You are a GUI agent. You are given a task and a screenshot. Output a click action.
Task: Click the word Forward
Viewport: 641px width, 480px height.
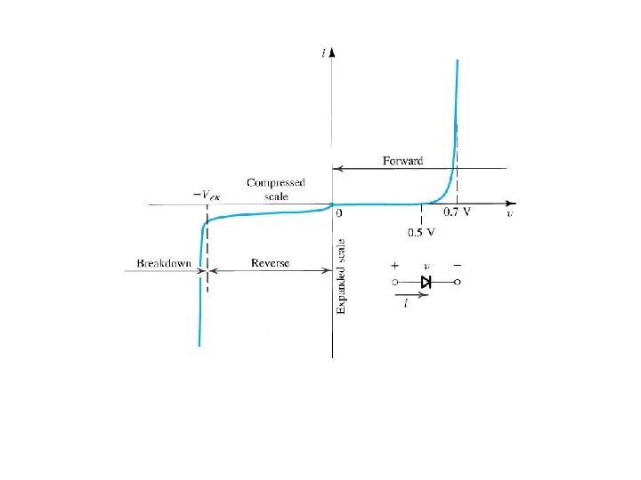pos(402,161)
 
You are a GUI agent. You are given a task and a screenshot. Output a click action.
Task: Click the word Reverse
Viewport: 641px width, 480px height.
pos(269,264)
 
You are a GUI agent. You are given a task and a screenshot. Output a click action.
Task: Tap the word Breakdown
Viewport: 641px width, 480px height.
pos(163,264)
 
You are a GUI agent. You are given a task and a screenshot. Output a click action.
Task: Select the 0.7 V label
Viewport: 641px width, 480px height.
pos(458,214)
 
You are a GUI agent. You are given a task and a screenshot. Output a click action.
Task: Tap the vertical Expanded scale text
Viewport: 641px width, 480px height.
pos(340,276)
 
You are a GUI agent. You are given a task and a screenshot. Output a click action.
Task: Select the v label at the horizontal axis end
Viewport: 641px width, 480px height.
pos(508,214)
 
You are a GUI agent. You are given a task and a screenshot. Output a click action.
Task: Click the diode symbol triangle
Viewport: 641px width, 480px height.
pos(426,282)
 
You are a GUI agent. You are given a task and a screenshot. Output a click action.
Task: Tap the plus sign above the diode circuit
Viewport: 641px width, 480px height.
pos(394,265)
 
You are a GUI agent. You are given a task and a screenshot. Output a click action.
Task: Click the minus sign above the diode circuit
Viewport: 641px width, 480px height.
pos(458,265)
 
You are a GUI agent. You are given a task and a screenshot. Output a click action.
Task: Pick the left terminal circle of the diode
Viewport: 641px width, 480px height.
pos(394,282)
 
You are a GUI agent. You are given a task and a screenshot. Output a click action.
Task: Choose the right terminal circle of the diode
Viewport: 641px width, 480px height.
pos(458,282)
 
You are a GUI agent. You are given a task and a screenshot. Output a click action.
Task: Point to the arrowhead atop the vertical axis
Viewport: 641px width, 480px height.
pos(331,52)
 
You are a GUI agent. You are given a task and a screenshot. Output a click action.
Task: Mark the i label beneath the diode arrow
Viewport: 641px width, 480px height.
pos(406,305)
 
